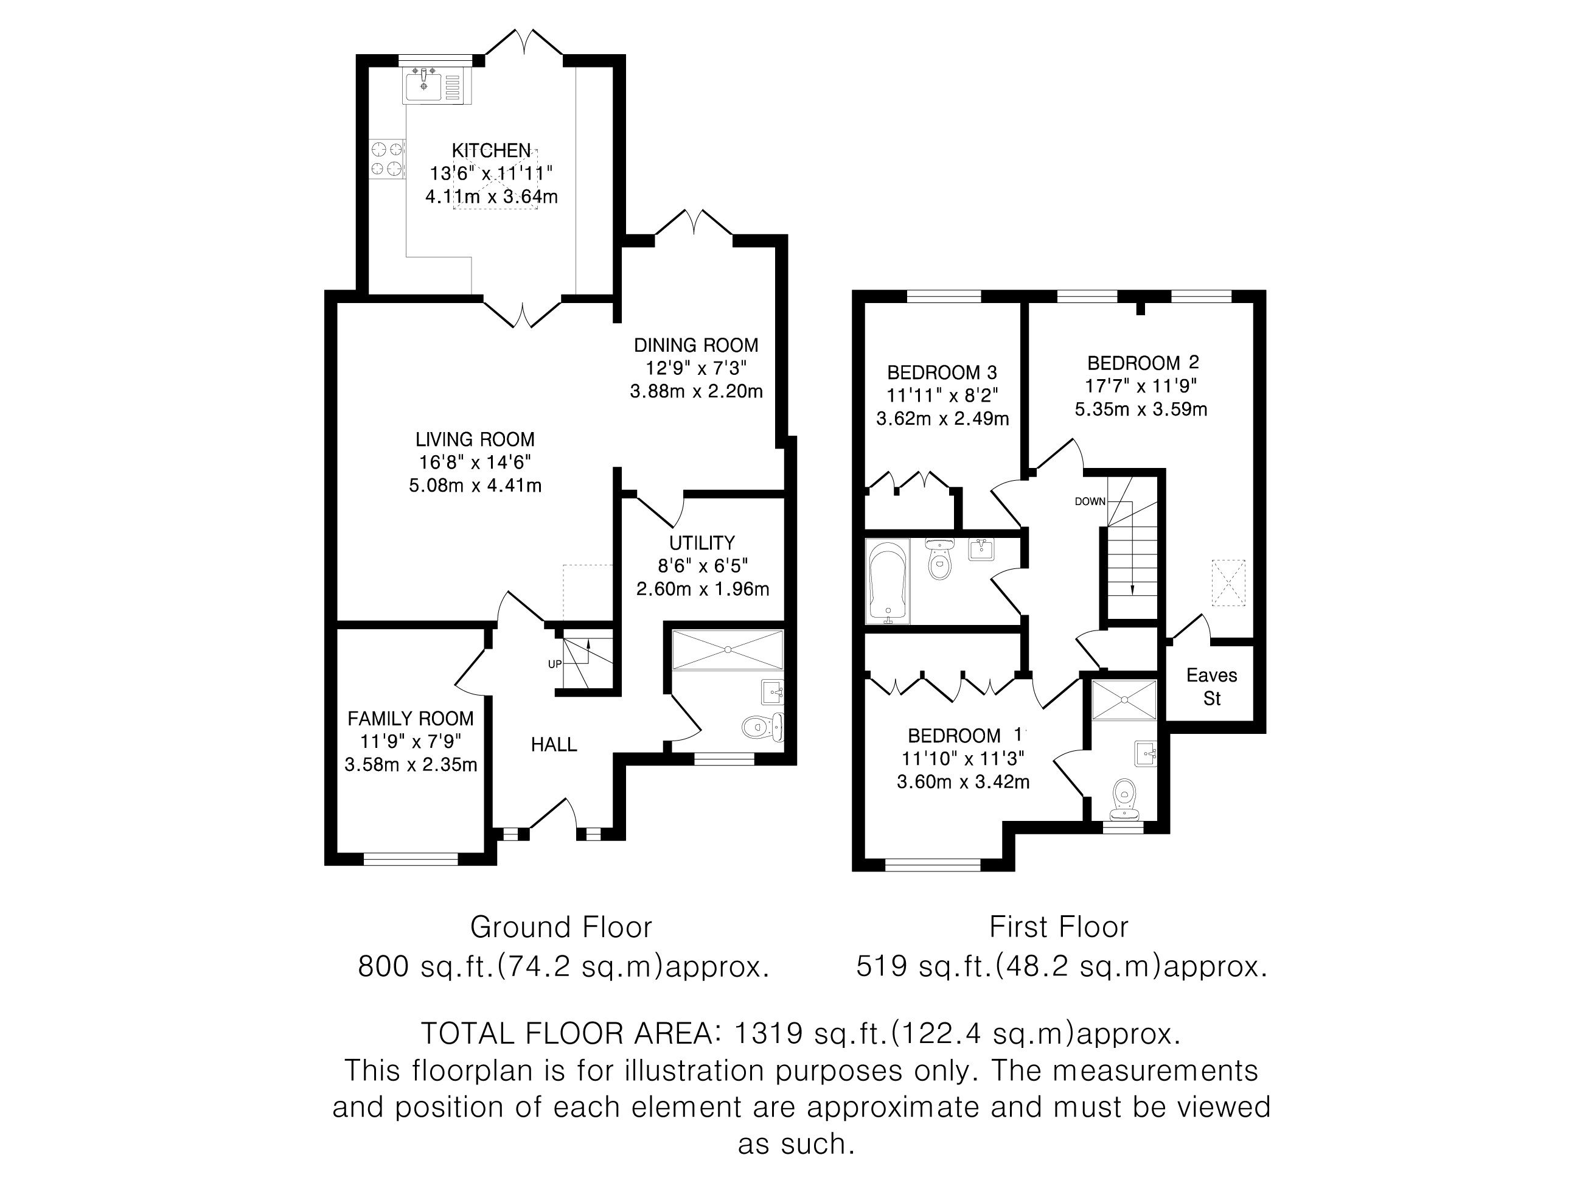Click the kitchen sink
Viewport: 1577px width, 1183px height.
[433, 86]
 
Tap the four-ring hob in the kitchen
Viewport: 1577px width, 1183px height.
[387, 159]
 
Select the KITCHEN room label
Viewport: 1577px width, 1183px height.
[491, 150]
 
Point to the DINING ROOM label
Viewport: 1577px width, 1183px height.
[696, 345]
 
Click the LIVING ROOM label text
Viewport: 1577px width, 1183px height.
[475, 439]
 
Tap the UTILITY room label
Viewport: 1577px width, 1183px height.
[701, 543]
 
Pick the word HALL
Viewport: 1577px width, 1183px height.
[554, 744]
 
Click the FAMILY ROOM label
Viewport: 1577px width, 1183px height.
[411, 718]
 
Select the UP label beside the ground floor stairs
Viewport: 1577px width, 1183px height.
[555, 664]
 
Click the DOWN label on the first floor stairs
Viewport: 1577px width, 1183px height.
[1090, 501]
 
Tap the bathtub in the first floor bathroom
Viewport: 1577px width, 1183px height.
[888, 581]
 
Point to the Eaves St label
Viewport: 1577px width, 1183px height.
[1212, 686]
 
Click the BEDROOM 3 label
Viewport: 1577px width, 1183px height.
[942, 372]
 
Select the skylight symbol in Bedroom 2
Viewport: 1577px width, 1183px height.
[1228, 582]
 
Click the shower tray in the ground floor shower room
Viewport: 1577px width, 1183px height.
[728, 650]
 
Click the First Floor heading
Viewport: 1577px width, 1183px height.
[1059, 927]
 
